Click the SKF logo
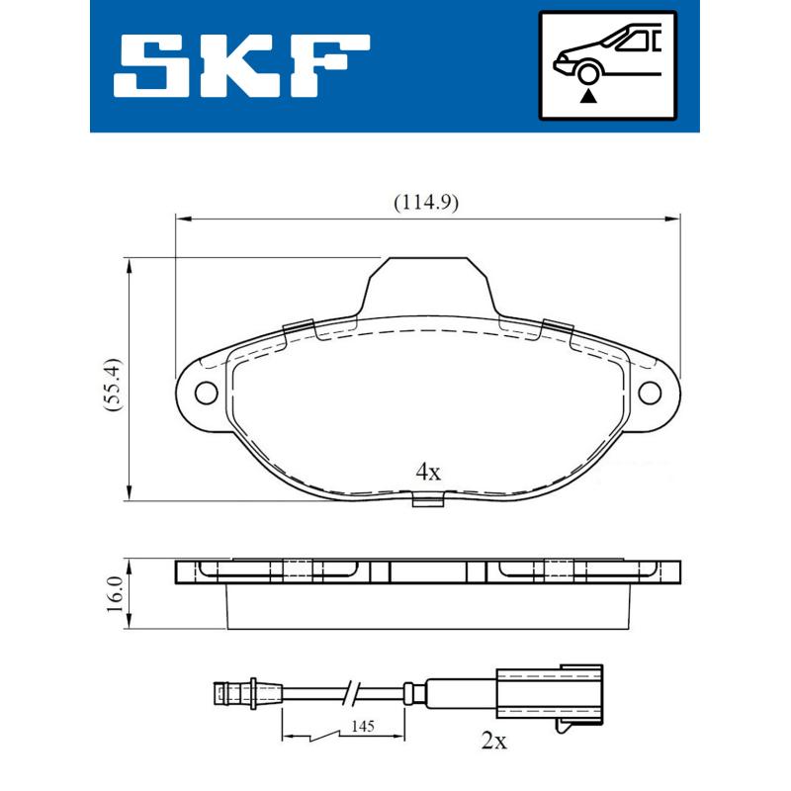(243, 66)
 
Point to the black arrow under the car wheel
(590, 95)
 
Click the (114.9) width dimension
(426, 203)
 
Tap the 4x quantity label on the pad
(427, 472)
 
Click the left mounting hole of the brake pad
(206, 393)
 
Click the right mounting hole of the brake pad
(650, 393)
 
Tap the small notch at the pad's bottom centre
(427, 501)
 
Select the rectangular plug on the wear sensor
(548, 689)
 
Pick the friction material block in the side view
(427, 605)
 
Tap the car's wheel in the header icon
(589, 71)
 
